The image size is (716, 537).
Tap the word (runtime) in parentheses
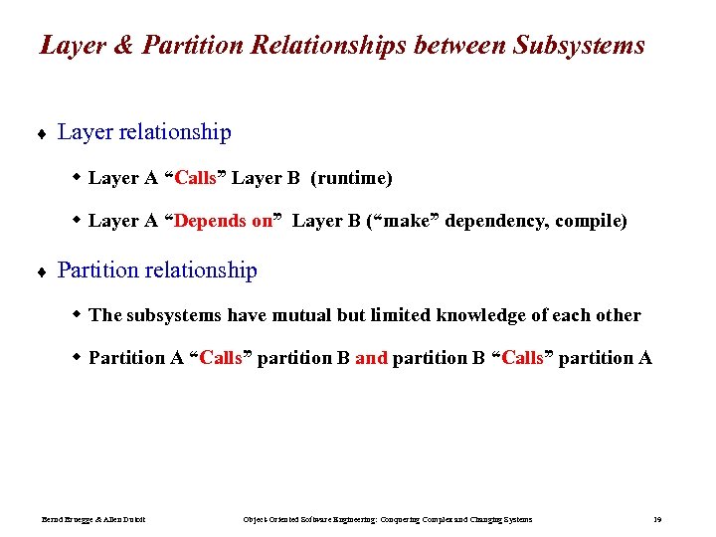tap(351, 179)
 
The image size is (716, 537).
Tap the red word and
tap(371, 358)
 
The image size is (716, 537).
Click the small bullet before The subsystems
tap(78, 315)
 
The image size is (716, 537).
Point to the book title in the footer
tap(388, 519)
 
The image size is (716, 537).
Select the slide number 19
tap(657, 519)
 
